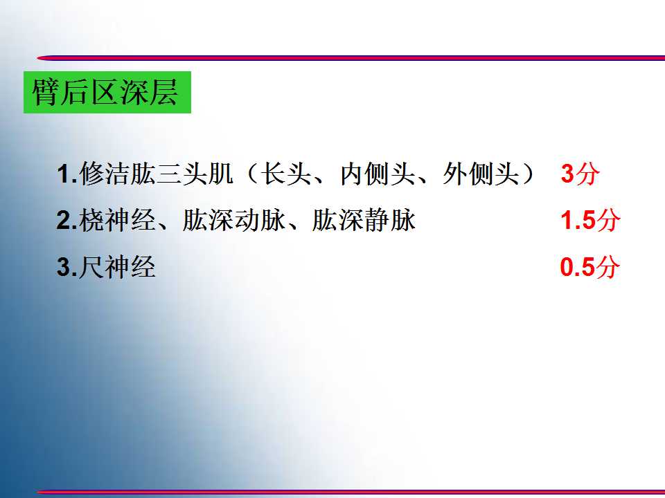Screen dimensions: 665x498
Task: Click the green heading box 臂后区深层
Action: pyautogui.click(x=107, y=92)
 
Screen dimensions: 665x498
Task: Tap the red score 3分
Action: pyautogui.click(x=580, y=174)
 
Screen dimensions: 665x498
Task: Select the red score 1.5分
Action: pyautogui.click(x=590, y=220)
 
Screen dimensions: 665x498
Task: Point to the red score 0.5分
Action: pyautogui.click(x=589, y=267)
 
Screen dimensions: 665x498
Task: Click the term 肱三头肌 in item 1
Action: pyautogui.click(x=181, y=174)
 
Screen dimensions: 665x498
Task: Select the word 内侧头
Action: pyautogui.click(x=378, y=174)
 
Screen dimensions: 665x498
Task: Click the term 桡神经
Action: pyautogui.click(x=117, y=220)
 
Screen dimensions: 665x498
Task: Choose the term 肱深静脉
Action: pyautogui.click(x=364, y=220)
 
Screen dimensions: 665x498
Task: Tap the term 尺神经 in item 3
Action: pyautogui.click(x=117, y=267)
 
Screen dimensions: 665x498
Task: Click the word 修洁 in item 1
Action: pyautogui.click(x=105, y=174)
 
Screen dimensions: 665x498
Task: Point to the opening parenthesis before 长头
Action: pyautogui.click(x=252, y=174)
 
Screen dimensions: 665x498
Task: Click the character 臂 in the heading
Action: pyautogui.click(x=45, y=92)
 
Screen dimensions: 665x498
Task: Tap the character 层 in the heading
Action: pyautogui.click(x=163, y=92)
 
